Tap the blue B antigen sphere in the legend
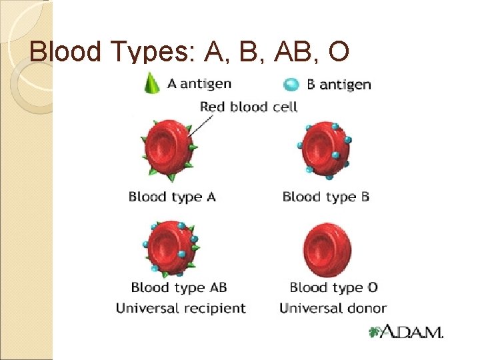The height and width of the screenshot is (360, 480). coord(291,84)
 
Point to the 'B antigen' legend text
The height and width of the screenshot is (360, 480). coord(339,85)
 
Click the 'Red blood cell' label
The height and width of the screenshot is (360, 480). coord(248,106)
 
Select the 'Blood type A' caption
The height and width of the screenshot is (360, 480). coord(172,197)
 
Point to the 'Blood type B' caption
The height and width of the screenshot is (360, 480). coord(325,197)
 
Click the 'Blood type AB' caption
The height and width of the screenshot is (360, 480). coord(179,288)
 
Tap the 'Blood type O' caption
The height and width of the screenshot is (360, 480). coord(333,288)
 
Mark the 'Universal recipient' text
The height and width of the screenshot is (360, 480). coord(181,308)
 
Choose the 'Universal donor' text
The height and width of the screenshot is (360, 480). coord(333,308)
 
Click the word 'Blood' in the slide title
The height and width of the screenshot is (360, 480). coord(63,51)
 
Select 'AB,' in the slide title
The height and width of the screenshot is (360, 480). coord(279,51)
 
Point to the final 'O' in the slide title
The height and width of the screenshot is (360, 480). coord(334,51)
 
